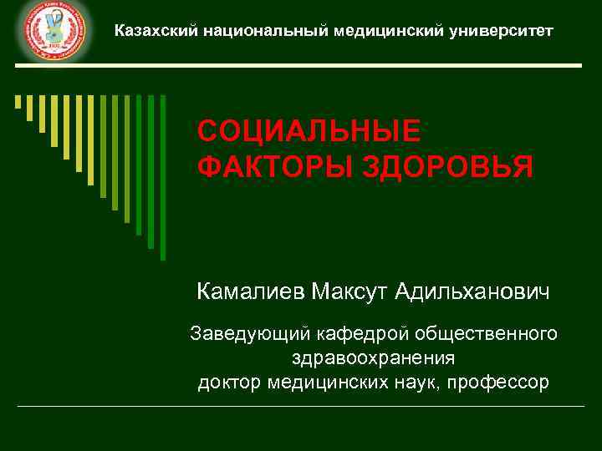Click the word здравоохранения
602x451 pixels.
pos(374,358)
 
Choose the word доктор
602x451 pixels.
pos(231,383)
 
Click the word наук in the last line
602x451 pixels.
pos(418,383)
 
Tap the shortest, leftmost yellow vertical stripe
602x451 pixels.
pos(18,102)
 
